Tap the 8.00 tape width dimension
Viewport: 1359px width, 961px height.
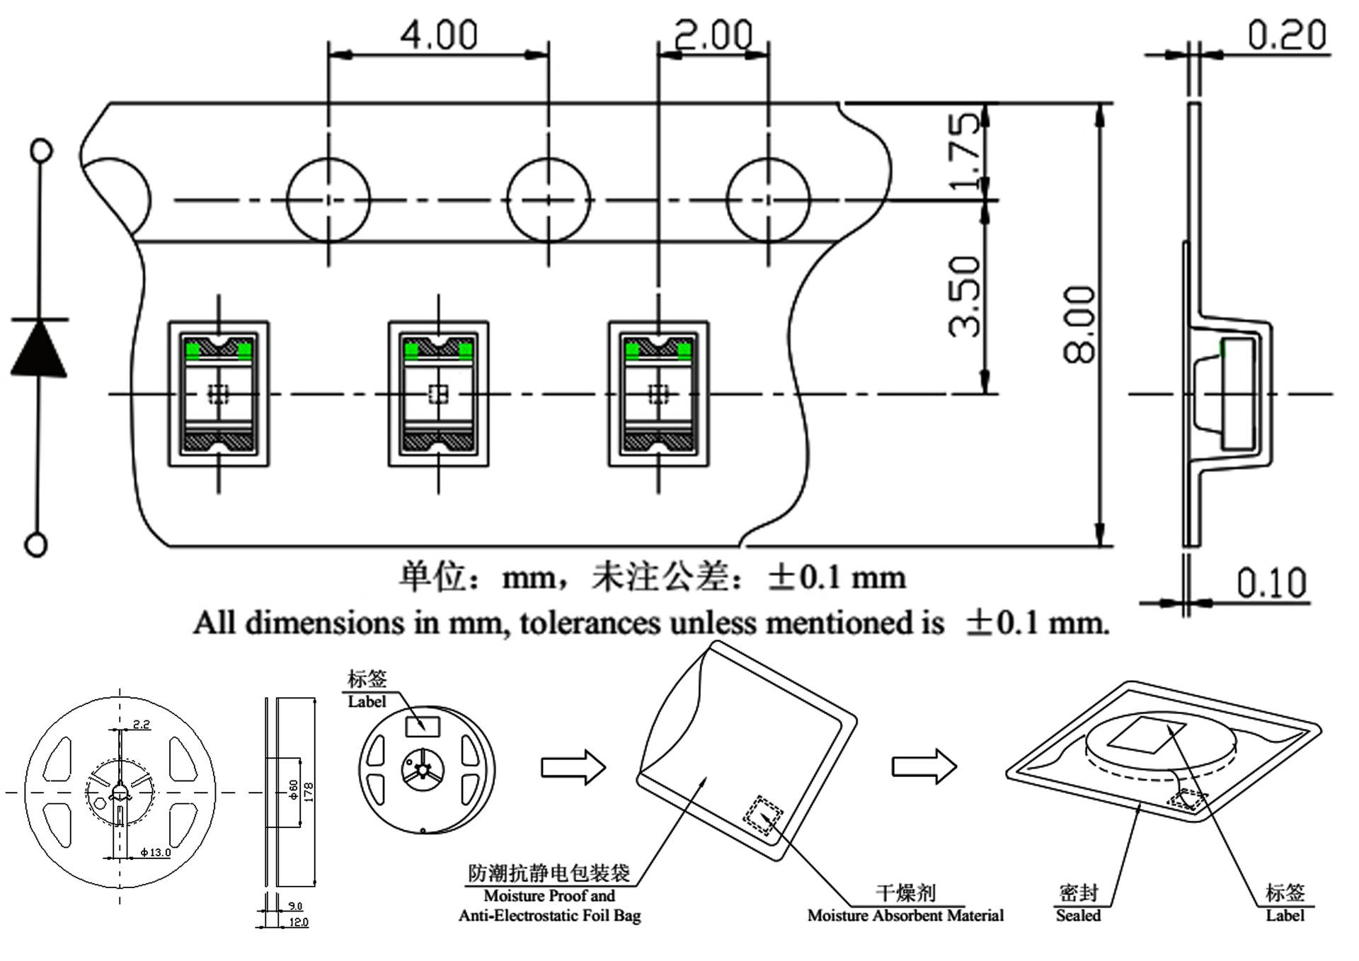(1080, 324)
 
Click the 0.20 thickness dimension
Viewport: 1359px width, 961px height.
(1286, 35)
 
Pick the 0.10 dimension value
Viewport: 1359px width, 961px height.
(1271, 583)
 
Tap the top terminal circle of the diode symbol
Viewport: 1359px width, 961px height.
(42, 151)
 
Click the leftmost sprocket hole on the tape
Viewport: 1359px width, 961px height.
(328, 200)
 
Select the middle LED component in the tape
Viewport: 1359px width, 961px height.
(438, 393)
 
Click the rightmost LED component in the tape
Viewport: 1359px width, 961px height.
(658, 393)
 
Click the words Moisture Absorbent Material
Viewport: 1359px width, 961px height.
(905, 916)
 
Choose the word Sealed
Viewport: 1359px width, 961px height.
(1078, 916)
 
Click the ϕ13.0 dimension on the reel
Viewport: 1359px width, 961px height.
(156, 852)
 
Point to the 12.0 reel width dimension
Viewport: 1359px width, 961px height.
(299, 922)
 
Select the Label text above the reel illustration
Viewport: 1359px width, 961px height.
(367, 701)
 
